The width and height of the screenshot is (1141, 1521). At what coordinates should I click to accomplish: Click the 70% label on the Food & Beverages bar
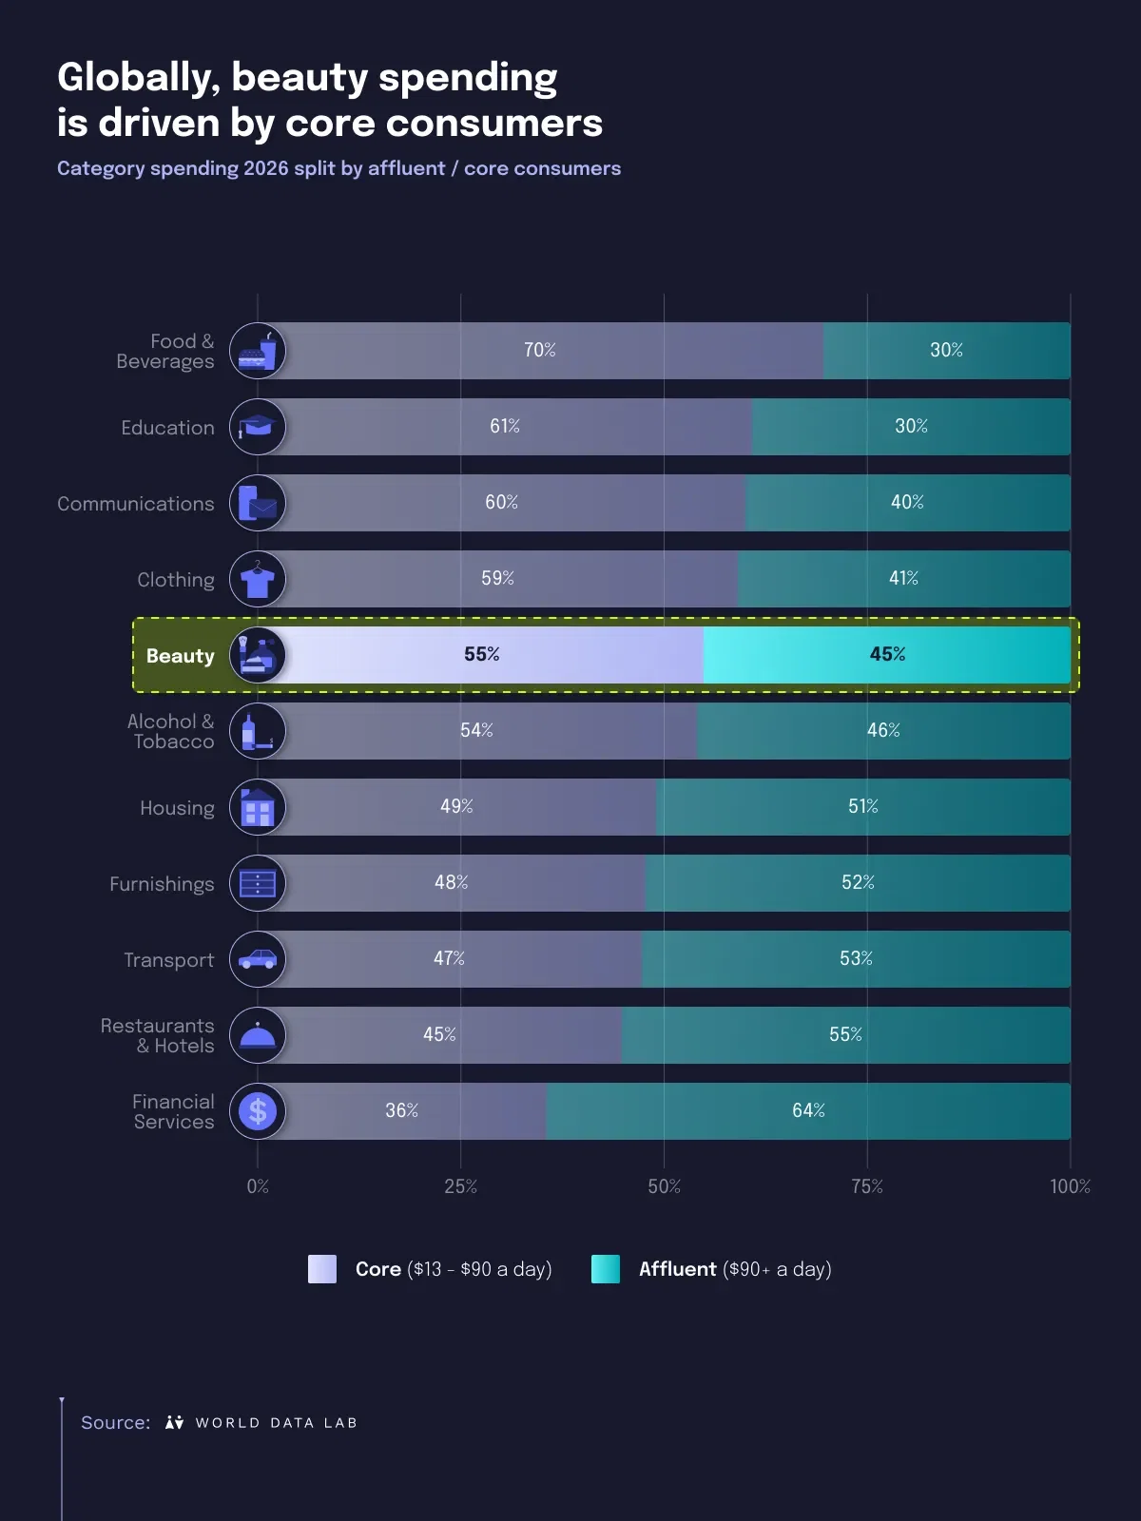point(539,350)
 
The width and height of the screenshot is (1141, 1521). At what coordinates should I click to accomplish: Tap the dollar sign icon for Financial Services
point(258,1111)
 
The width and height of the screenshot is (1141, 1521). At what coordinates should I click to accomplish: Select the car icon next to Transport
point(258,959)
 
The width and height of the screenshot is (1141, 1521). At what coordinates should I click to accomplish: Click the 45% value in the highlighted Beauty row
point(887,654)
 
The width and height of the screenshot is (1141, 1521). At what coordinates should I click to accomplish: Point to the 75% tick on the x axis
point(867,1186)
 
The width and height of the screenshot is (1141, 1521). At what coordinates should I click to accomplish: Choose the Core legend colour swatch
point(322,1269)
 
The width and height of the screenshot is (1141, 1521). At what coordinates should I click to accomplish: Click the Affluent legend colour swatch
point(606,1269)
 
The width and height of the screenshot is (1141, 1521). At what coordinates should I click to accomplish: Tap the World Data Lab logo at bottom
point(261,1423)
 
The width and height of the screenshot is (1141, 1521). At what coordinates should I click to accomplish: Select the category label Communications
point(136,504)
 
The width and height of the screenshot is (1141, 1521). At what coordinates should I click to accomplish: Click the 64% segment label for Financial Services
point(808,1110)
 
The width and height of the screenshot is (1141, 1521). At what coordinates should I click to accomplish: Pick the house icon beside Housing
point(258,807)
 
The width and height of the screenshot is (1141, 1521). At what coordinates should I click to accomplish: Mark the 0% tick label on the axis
point(258,1186)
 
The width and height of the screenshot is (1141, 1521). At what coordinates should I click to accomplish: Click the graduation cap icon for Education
point(258,427)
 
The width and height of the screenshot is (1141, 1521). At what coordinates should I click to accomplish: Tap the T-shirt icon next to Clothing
point(258,579)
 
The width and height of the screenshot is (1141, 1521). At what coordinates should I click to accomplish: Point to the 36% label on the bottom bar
point(401,1110)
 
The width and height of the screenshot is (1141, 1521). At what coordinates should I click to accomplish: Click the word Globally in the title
point(138,78)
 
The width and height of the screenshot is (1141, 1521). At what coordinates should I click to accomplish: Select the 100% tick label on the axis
point(1070,1186)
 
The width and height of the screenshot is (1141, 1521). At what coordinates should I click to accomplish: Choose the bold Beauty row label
point(180,656)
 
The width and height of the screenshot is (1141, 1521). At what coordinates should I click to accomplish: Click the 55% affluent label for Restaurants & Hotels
point(845,1034)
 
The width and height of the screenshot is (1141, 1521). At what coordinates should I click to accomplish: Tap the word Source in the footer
point(115,1423)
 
